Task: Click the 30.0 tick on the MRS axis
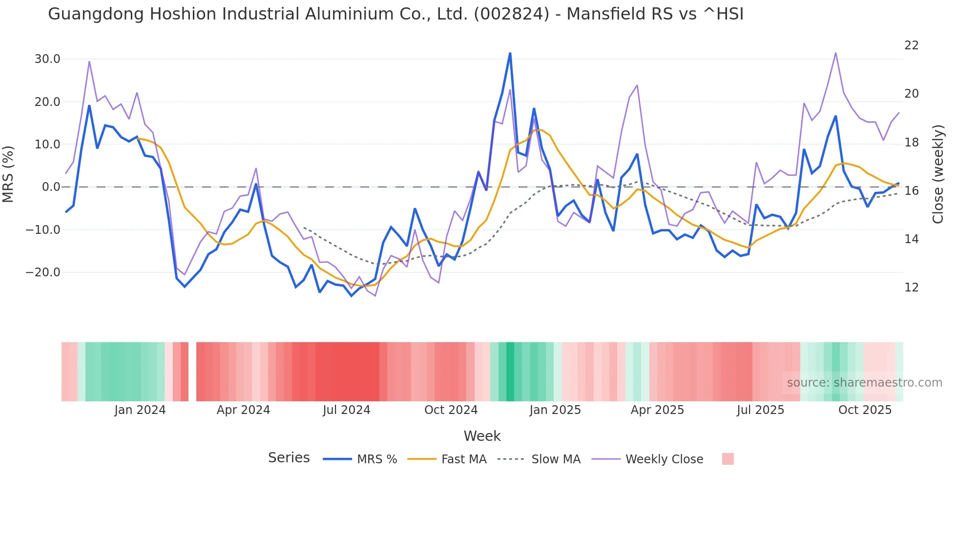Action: click(x=47, y=59)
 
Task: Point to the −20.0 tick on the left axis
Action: click(x=43, y=272)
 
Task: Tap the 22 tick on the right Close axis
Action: click(x=911, y=45)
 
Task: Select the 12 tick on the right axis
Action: click(x=911, y=288)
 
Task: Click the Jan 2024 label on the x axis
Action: click(x=140, y=410)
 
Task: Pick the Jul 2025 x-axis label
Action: click(x=760, y=410)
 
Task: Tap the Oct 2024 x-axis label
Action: click(x=451, y=410)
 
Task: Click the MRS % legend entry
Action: click(x=376, y=459)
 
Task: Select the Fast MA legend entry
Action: click(x=463, y=459)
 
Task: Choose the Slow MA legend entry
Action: click(x=556, y=459)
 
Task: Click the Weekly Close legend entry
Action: click(x=664, y=459)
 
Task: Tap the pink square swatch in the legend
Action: click(x=728, y=459)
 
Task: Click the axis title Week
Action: click(x=482, y=436)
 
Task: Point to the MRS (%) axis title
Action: click(x=8, y=174)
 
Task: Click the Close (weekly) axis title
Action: click(x=937, y=174)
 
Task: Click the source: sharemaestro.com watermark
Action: click(x=864, y=383)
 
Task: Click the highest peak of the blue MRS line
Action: click(x=510, y=53)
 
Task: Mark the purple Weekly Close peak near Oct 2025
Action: click(x=835, y=53)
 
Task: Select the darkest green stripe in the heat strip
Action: click(x=510, y=372)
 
